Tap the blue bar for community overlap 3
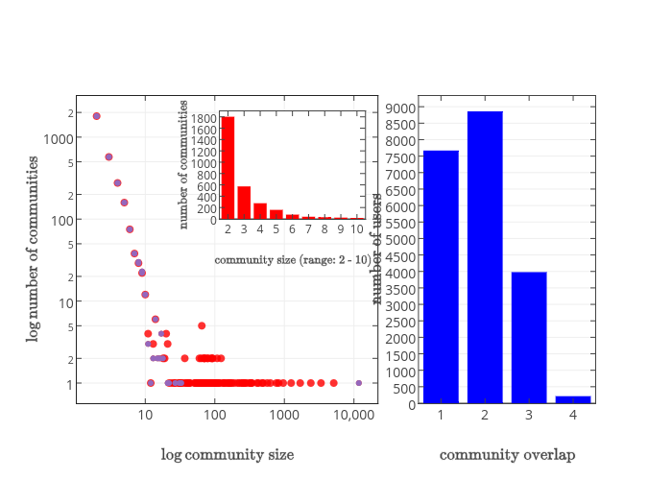529,337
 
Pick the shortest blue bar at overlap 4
573,399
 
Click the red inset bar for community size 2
228,168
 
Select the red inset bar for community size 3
244,203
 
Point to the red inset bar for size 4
260,211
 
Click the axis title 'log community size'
228,454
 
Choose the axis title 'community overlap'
507,454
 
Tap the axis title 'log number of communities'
34,250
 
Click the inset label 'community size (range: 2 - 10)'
293,259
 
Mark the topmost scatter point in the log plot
96,116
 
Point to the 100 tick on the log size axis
215,415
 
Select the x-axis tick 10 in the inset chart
357,229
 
